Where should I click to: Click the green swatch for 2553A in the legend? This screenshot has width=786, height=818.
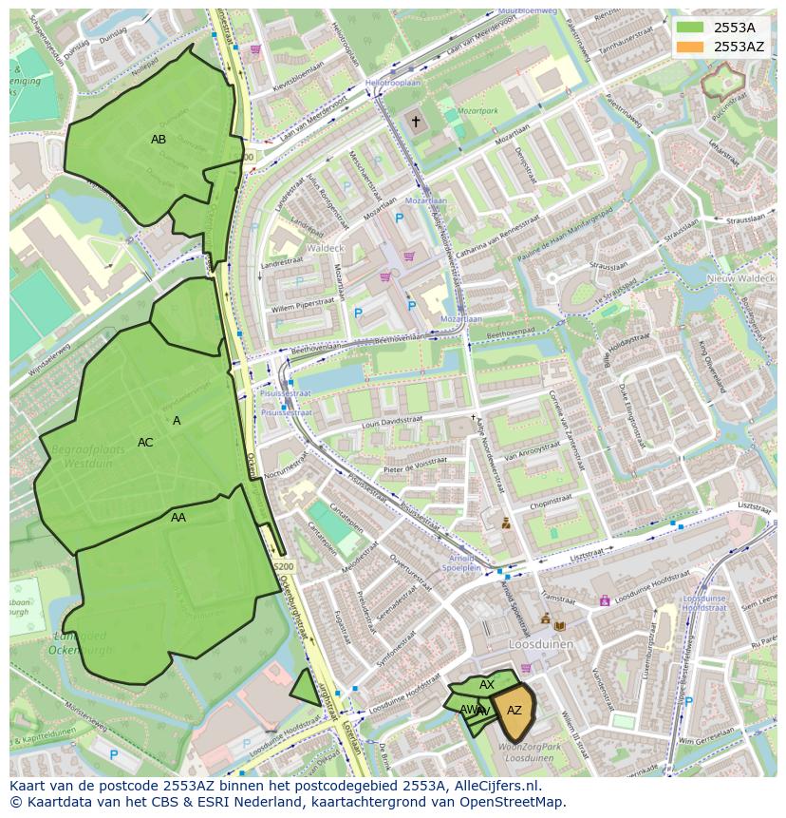tap(690, 28)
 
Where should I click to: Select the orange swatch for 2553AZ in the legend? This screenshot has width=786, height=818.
tap(690, 47)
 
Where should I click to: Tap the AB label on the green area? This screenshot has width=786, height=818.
tap(159, 140)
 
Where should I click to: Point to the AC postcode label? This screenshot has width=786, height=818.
tap(145, 443)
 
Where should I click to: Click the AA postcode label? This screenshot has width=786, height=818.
tap(178, 518)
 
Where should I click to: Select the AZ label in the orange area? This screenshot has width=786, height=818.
tap(514, 711)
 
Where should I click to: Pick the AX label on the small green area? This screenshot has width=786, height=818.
tap(487, 685)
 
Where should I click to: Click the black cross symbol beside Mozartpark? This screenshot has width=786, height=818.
tap(414, 121)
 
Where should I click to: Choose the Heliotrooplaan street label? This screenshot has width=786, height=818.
tap(393, 83)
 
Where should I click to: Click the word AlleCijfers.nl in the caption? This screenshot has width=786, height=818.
tap(494, 787)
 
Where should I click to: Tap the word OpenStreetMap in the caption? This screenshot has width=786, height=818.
tap(518, 803)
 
